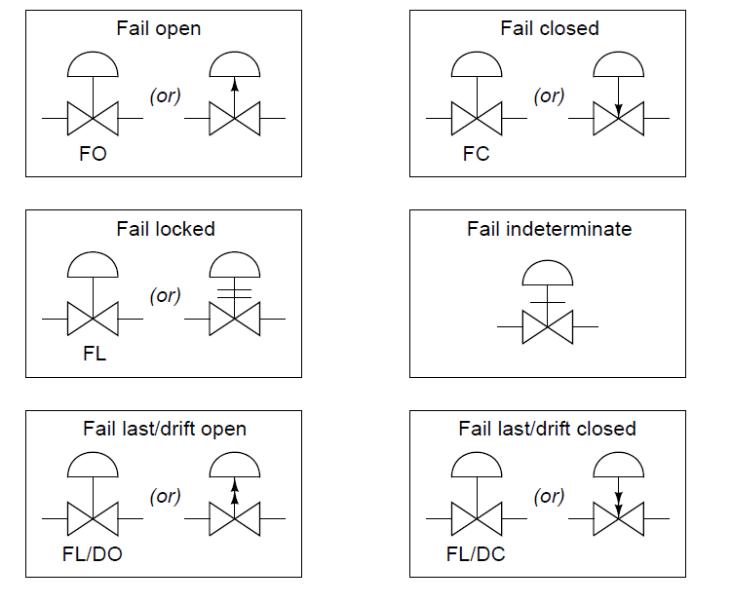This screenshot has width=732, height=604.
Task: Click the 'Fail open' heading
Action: [x=158, y=28]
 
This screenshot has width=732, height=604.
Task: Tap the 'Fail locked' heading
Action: [x=166, y=229]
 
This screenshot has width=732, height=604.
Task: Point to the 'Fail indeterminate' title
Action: [x=549, y=229]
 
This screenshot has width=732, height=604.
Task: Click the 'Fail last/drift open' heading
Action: [x=165, y=429]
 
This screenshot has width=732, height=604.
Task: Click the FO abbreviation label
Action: [x=94, y=155]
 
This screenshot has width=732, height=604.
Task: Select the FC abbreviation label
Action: [x=477, y=155]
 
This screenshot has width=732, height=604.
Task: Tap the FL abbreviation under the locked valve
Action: [x=94, y=354]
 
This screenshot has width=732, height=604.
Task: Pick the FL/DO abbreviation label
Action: [x=94, y=554]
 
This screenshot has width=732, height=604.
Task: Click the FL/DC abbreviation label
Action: [x=477, y=554]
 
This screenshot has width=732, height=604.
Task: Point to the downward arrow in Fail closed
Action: [x=618, y=110]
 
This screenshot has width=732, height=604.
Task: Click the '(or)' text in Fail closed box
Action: [x=550, y=95]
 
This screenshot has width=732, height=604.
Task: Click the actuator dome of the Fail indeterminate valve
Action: [x=548, y=274]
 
